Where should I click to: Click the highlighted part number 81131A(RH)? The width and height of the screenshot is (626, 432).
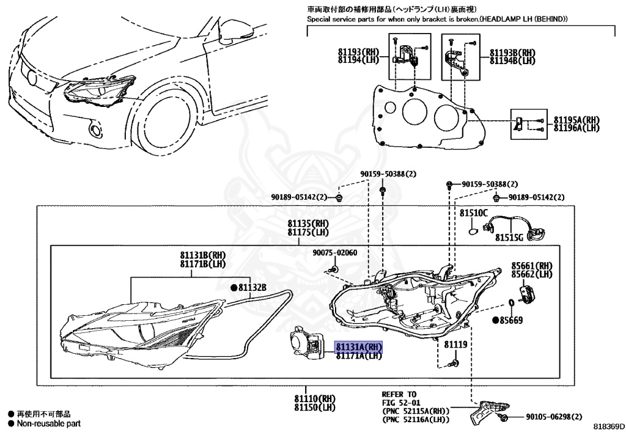pyautogui.click(x=358, y=347)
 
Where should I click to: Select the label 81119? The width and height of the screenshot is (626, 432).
pyautogui.click(x=455, y=345)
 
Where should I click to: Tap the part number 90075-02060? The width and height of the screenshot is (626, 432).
pyautogui.click(x=334, y=253)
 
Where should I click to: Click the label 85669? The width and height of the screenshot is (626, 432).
pyautogui.click(x=511, y=320)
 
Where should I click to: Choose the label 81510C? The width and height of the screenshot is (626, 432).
pyautogui.click(x=474, y=213)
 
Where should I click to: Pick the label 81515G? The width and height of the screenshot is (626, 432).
pyautogui.click(x=509, y=237)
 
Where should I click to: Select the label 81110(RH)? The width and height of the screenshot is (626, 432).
pyautogui.click(x=315, y=399)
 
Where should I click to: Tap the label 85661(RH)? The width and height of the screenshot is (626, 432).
pyautogui.click(x=532, y=266)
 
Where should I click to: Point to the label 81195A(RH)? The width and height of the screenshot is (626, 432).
pyautogui.click(x=576, y=120)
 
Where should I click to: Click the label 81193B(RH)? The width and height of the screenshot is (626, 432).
pyautogui.click(x=512, y=53)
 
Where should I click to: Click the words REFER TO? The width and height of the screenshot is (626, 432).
pyautogui.click(x=399, y=394)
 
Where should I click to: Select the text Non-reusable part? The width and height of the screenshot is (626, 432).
pyautogui.click(x=48, y=423)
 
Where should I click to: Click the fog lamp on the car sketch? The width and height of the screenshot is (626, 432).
pyautogui.click(x=94, y=129)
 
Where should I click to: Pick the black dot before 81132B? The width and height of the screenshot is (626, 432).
pyautogui.click(x=234, y=287)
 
